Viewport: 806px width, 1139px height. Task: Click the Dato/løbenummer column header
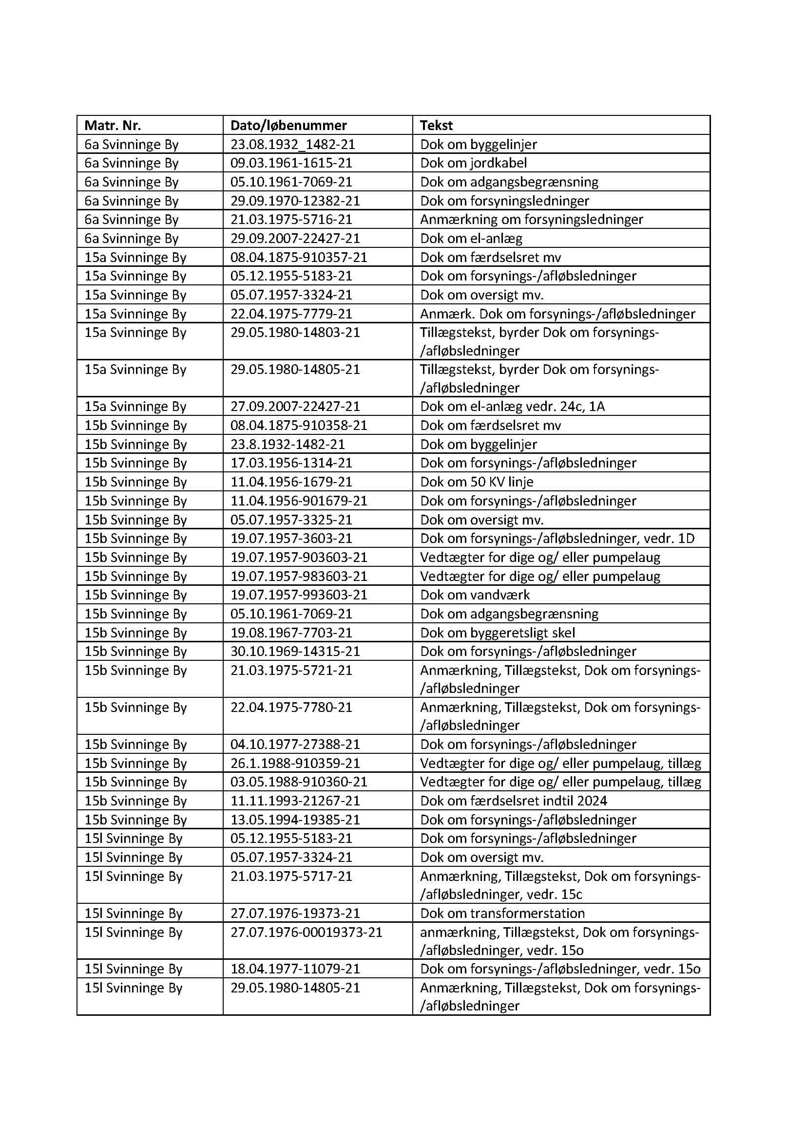pyautogui.click(x=288, y=125)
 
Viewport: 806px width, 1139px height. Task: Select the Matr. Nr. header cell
pyautogui.click(x=113, y=125)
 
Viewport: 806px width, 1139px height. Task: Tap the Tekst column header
pyautogui.click(x=436, y=125)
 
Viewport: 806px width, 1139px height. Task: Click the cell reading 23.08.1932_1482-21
pyautogui.click(x=292, y=144)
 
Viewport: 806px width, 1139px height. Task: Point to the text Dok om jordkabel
pyautogui.click(x=473, y=163)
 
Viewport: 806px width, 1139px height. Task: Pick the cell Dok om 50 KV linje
pyautogui.click(x=477, y=482)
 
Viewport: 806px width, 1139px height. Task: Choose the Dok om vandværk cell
pyautogui.click(x=475, y=595)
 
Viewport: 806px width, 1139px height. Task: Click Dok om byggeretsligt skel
pyautogui.click(x=498, y=633)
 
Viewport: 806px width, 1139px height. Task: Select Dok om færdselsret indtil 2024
pyautogui.click(x=513, y=801)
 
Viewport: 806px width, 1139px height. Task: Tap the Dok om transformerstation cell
pyautogui.click(x=502, y=913)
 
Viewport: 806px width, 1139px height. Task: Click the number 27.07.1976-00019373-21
pyautogui.click(x=306, y=932)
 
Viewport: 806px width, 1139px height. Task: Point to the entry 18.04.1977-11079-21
pyautogui.click(x=295, y=969)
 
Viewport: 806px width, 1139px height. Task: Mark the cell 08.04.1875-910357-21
pyautogui.click(x=298, y=257)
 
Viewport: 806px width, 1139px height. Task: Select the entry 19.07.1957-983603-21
pyautogui.click(x=298, y=576)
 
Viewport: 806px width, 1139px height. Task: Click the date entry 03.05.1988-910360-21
pyautogui.click(x=298, y=782)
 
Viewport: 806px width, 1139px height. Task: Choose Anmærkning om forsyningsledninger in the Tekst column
pyautogui.click(x=531, y=219)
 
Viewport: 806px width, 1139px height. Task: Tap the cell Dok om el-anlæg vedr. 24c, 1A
pyautogui.click(x=512, y=406)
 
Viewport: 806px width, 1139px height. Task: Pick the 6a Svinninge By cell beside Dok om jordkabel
pyautogui.click(x=131, y=163)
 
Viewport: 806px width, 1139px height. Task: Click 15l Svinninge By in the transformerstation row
pyautogui.click(x=133, y=913)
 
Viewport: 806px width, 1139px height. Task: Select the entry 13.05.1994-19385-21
pyautogui.click(x=295, y=820)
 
